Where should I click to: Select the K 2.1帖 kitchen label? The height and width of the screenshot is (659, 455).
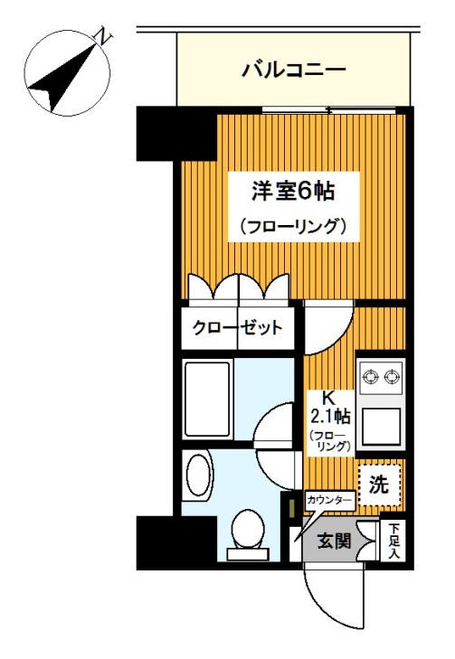[328, 407]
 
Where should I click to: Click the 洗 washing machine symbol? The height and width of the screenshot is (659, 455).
[379, 484]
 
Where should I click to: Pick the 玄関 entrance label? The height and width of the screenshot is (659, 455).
[334, 541]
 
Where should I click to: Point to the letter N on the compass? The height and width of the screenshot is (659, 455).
[106, 36]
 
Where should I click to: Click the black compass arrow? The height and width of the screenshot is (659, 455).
[63, 75]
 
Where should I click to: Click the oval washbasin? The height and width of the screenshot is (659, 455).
[197, 474]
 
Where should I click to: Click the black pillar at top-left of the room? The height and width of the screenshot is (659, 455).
[157, 132]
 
